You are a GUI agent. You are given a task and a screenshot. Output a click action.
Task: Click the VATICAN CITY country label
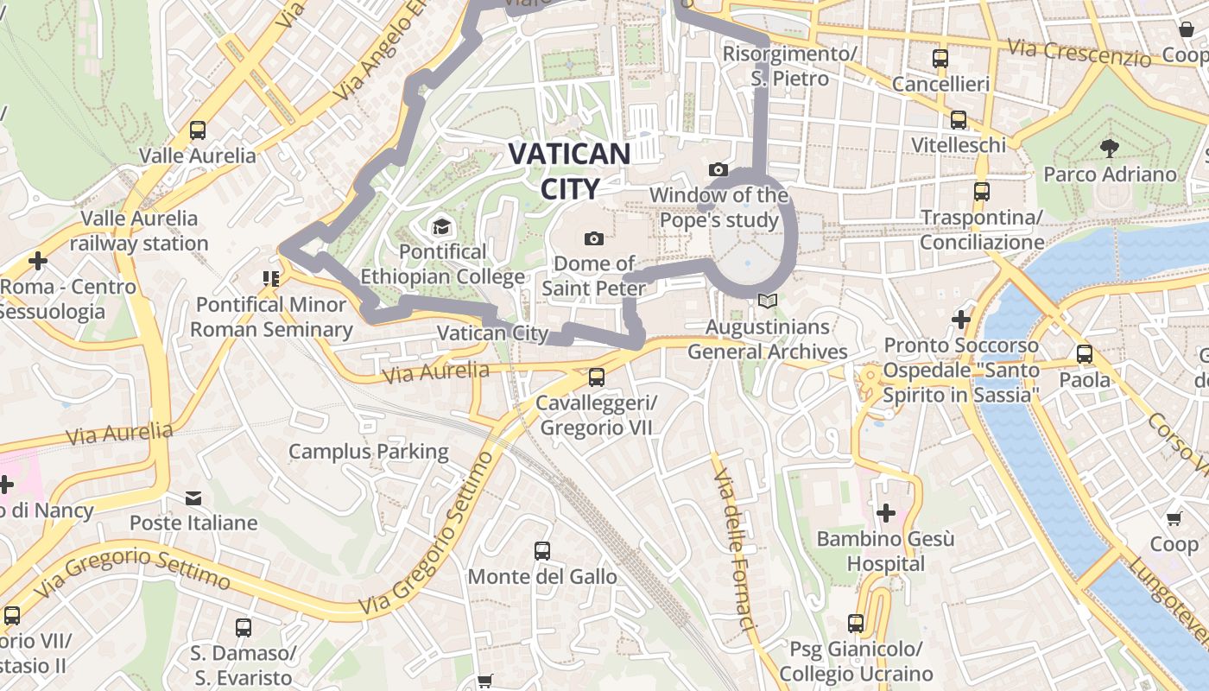click(569, 171)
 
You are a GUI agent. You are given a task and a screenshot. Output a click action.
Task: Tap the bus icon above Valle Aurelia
click(198, 130)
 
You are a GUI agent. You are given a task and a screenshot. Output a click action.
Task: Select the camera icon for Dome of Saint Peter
click(593, 238)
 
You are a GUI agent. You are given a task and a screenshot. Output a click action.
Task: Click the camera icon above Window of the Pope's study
click(718, 170)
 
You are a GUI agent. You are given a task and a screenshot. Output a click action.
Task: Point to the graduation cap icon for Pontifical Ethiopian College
click(441, 227)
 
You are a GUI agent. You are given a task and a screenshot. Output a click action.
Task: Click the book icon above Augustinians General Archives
click(767, 301)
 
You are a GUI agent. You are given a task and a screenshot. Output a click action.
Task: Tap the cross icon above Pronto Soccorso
click(960, 320)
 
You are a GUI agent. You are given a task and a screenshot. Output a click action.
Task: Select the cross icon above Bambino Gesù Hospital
click(885, 514)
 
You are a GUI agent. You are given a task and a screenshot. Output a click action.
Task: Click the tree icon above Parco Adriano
click(1110, 149)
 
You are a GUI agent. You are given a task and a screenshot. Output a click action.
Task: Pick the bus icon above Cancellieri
click(940, 59)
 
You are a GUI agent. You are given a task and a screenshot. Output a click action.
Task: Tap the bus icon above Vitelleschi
click(958, 120)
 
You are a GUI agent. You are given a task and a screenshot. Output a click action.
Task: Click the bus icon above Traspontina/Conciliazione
click(981, 192)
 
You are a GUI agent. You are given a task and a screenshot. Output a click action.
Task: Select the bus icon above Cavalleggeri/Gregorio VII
click(596, 377)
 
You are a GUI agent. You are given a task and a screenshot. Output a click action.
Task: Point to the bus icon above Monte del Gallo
click(542, 551)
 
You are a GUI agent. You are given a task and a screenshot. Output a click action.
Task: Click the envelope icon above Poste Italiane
click(193, 498)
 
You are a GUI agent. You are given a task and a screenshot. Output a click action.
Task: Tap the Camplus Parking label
click(368, 451)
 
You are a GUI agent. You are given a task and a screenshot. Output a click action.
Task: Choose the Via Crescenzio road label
click(1079, 53)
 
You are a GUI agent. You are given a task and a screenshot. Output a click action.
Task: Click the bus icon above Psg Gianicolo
click(855, 624)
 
